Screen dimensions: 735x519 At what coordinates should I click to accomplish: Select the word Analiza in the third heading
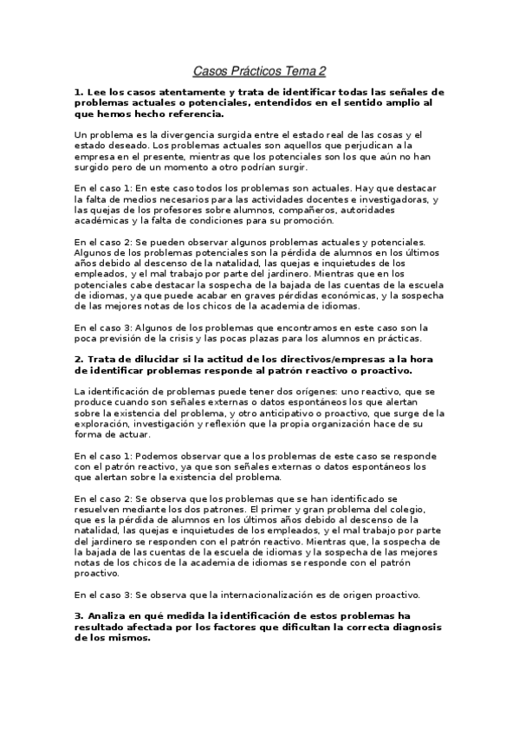pos(108,615)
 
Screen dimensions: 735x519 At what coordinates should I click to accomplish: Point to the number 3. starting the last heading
pos(80,615)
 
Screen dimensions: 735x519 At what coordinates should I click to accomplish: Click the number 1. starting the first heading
pos(80,91)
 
